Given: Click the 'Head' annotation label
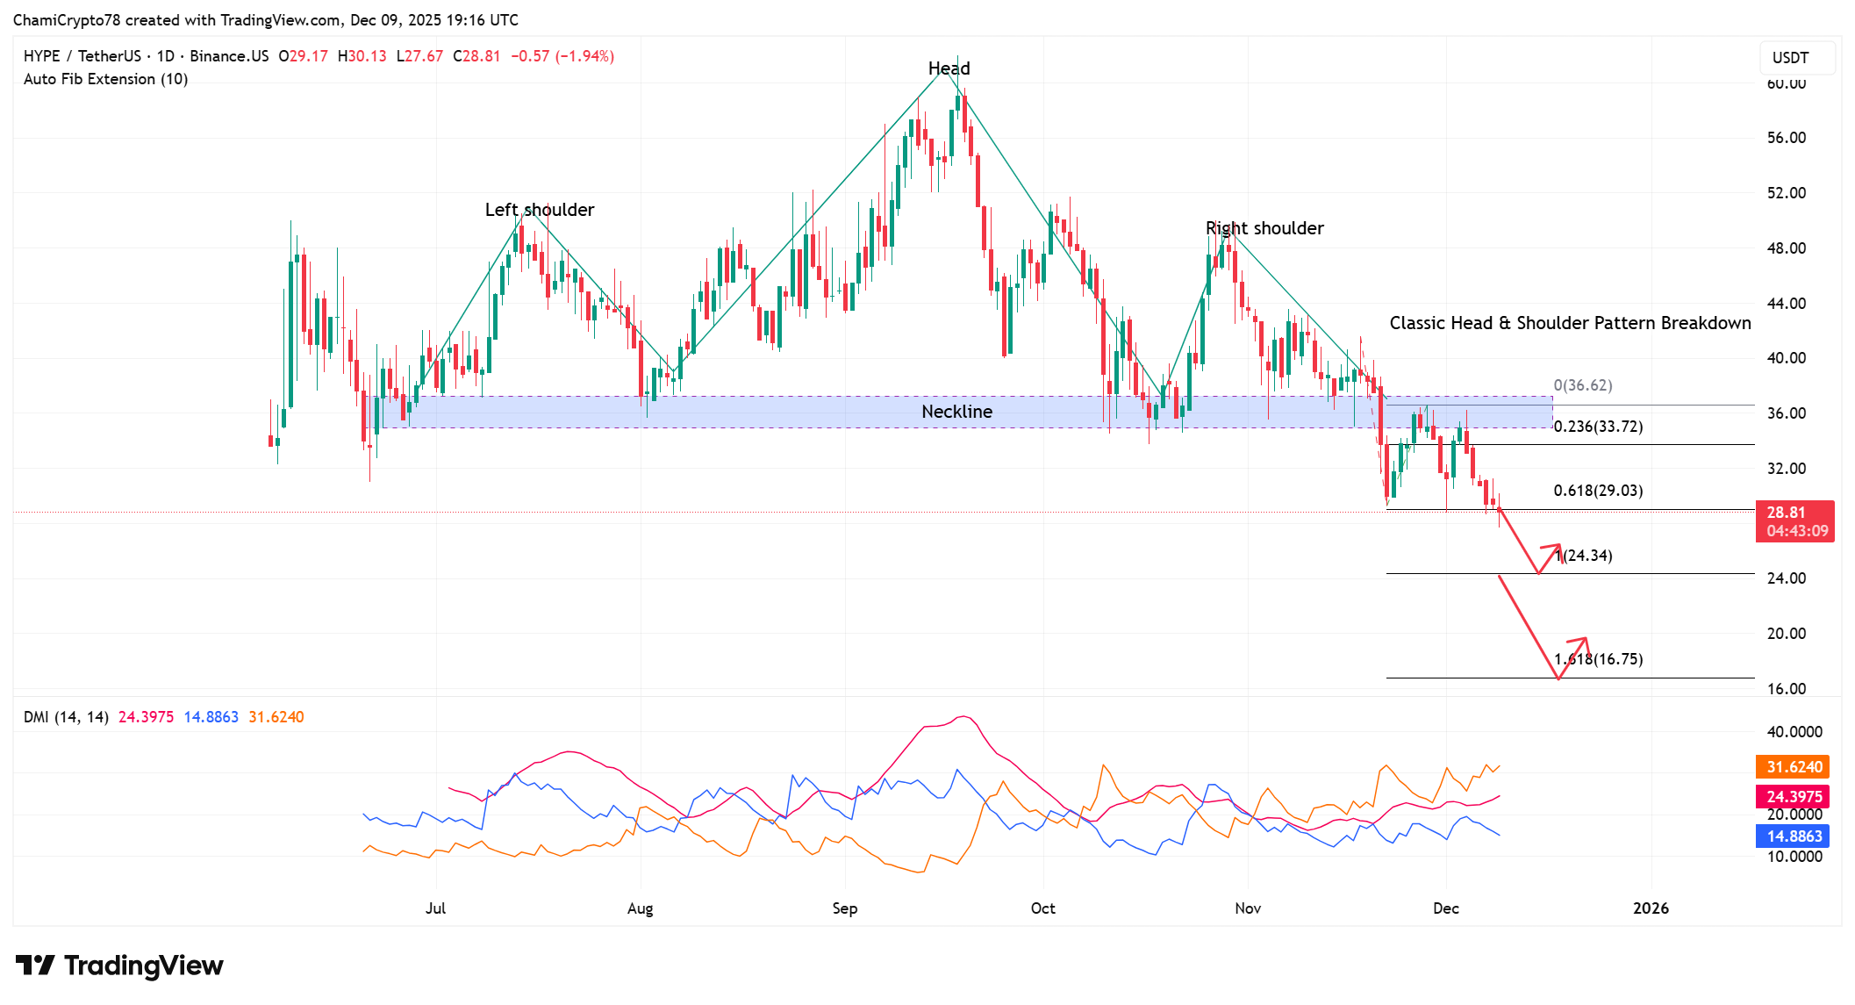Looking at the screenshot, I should (x=949, y=68).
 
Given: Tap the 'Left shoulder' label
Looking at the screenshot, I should (x=539, y=210).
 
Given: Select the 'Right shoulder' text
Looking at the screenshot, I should (x=1264, y=228).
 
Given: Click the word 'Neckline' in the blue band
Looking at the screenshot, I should (x=956, y=412).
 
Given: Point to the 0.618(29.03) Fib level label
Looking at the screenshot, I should (x=1597, y=491).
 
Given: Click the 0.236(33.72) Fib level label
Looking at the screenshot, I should (x=1597, y=427).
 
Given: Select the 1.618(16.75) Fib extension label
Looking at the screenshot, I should (x=1597, y=659).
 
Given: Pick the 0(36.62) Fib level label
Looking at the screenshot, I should (x=1582, y=385).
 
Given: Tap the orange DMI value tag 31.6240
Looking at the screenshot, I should (x=1794, y=767).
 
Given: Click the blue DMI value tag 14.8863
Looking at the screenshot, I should (x=1794, y=836).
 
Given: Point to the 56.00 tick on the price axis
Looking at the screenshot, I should (x=1786, y=138).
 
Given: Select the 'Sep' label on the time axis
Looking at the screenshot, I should (x=844, y=908).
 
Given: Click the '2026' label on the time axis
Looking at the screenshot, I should (x=1650, y=908).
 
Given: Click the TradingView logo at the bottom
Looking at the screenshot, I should (x=120, y=966).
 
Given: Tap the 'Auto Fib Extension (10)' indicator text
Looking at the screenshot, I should (x=105, y=79).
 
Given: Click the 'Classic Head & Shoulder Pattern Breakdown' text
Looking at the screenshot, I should (x=1569, y=323).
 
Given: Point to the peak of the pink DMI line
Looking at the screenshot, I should (x=963, y=717).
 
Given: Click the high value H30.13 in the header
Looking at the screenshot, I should (x=362, y=56).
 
